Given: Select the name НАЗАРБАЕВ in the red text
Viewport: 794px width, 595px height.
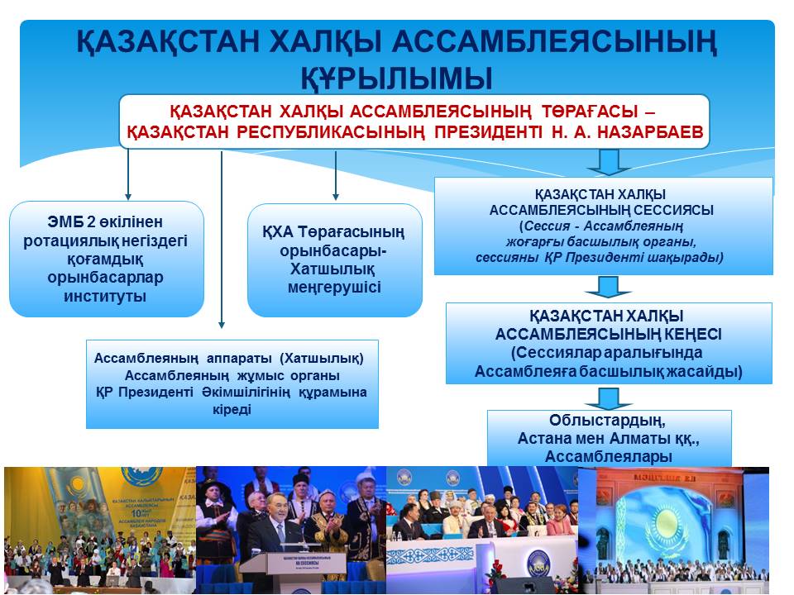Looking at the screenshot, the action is pyautogui.click(x=650, y=132).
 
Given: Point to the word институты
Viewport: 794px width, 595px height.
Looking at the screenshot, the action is pyautogui.click(x=105, y=296).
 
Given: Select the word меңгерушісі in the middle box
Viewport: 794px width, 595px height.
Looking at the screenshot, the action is pyautogui.click(x=334, y=288).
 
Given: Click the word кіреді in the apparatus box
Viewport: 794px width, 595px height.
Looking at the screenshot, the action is pyautogui.click(x=232, y=409).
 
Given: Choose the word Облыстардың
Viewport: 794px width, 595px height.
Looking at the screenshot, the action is pyautogui.click(x=607, y=420).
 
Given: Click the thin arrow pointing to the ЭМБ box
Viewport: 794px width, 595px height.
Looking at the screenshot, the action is pyautogui.click(x=128, y=174).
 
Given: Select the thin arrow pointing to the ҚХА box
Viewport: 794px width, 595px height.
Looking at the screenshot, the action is pyautogui.click(x=335, y=175).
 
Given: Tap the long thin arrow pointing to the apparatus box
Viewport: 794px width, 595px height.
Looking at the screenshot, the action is pyautogui.click(x=222, y=240).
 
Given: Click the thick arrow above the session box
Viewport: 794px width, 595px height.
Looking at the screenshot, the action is pyautogui.click(x=609, y=162).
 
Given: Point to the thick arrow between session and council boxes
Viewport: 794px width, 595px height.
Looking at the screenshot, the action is pyautogui.click(x=608, y=287).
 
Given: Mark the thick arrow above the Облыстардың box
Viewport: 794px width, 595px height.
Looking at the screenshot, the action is pyautogui.click(x=608, y=398).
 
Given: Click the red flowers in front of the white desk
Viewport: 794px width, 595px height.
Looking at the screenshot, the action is pyautogui.click(x=495, y=573).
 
